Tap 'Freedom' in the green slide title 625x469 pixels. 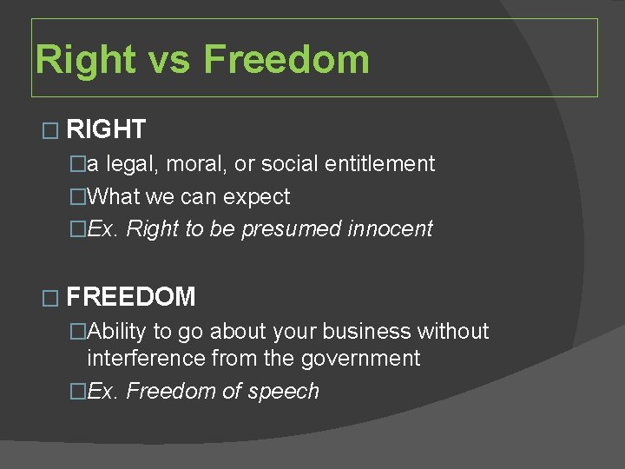point(286,60)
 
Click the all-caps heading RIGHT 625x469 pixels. point(105,130)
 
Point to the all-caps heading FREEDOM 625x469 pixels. point(130,297)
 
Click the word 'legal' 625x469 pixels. point(134,163)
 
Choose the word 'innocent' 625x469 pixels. point(391,229)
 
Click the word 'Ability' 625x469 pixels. point(117,332)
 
